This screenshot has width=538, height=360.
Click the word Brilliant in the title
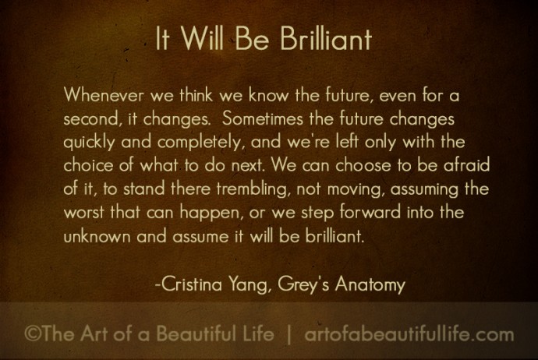coord(326,38)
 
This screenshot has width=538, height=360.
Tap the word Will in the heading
coord(202,38)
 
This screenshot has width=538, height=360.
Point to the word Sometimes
coord(263,118)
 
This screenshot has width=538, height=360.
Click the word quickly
coord(89,143)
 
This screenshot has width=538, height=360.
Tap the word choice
coord(88,165)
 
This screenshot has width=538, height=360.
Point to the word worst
coord(83,213)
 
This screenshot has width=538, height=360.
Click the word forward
coord(370,212)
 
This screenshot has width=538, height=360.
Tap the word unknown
coord(97,236)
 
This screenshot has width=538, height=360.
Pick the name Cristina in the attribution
coord(192,284)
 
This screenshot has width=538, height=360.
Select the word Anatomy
coord(370,284)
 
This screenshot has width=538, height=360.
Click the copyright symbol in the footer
coord(33,334)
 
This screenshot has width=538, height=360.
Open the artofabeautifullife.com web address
coord(409,334)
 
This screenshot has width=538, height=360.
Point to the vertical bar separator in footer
coord(289,334)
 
